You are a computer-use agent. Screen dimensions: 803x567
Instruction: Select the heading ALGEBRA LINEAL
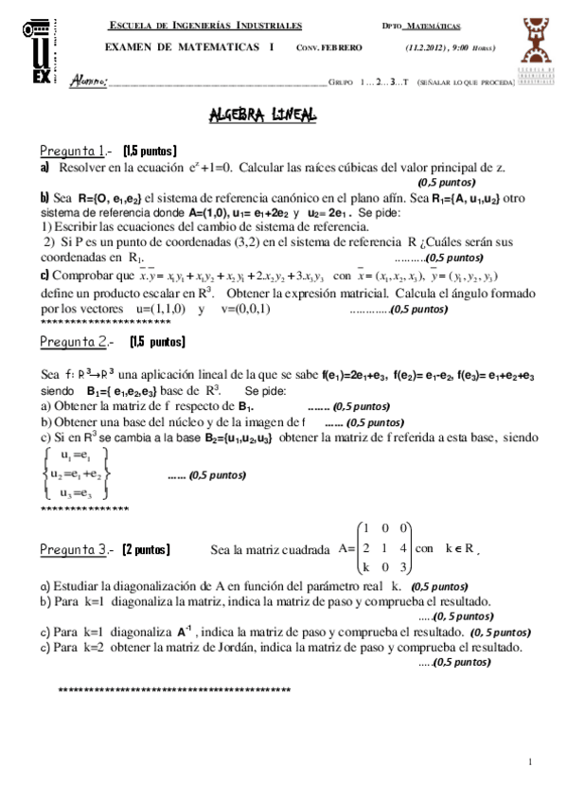click(263, 116)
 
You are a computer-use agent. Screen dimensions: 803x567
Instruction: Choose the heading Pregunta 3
click(74, 549)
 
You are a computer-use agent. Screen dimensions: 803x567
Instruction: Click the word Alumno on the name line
click(90, 82)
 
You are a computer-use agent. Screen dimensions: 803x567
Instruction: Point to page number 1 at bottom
click(531, 763)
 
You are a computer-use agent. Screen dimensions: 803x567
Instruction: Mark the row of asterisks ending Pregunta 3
click(174, 689)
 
